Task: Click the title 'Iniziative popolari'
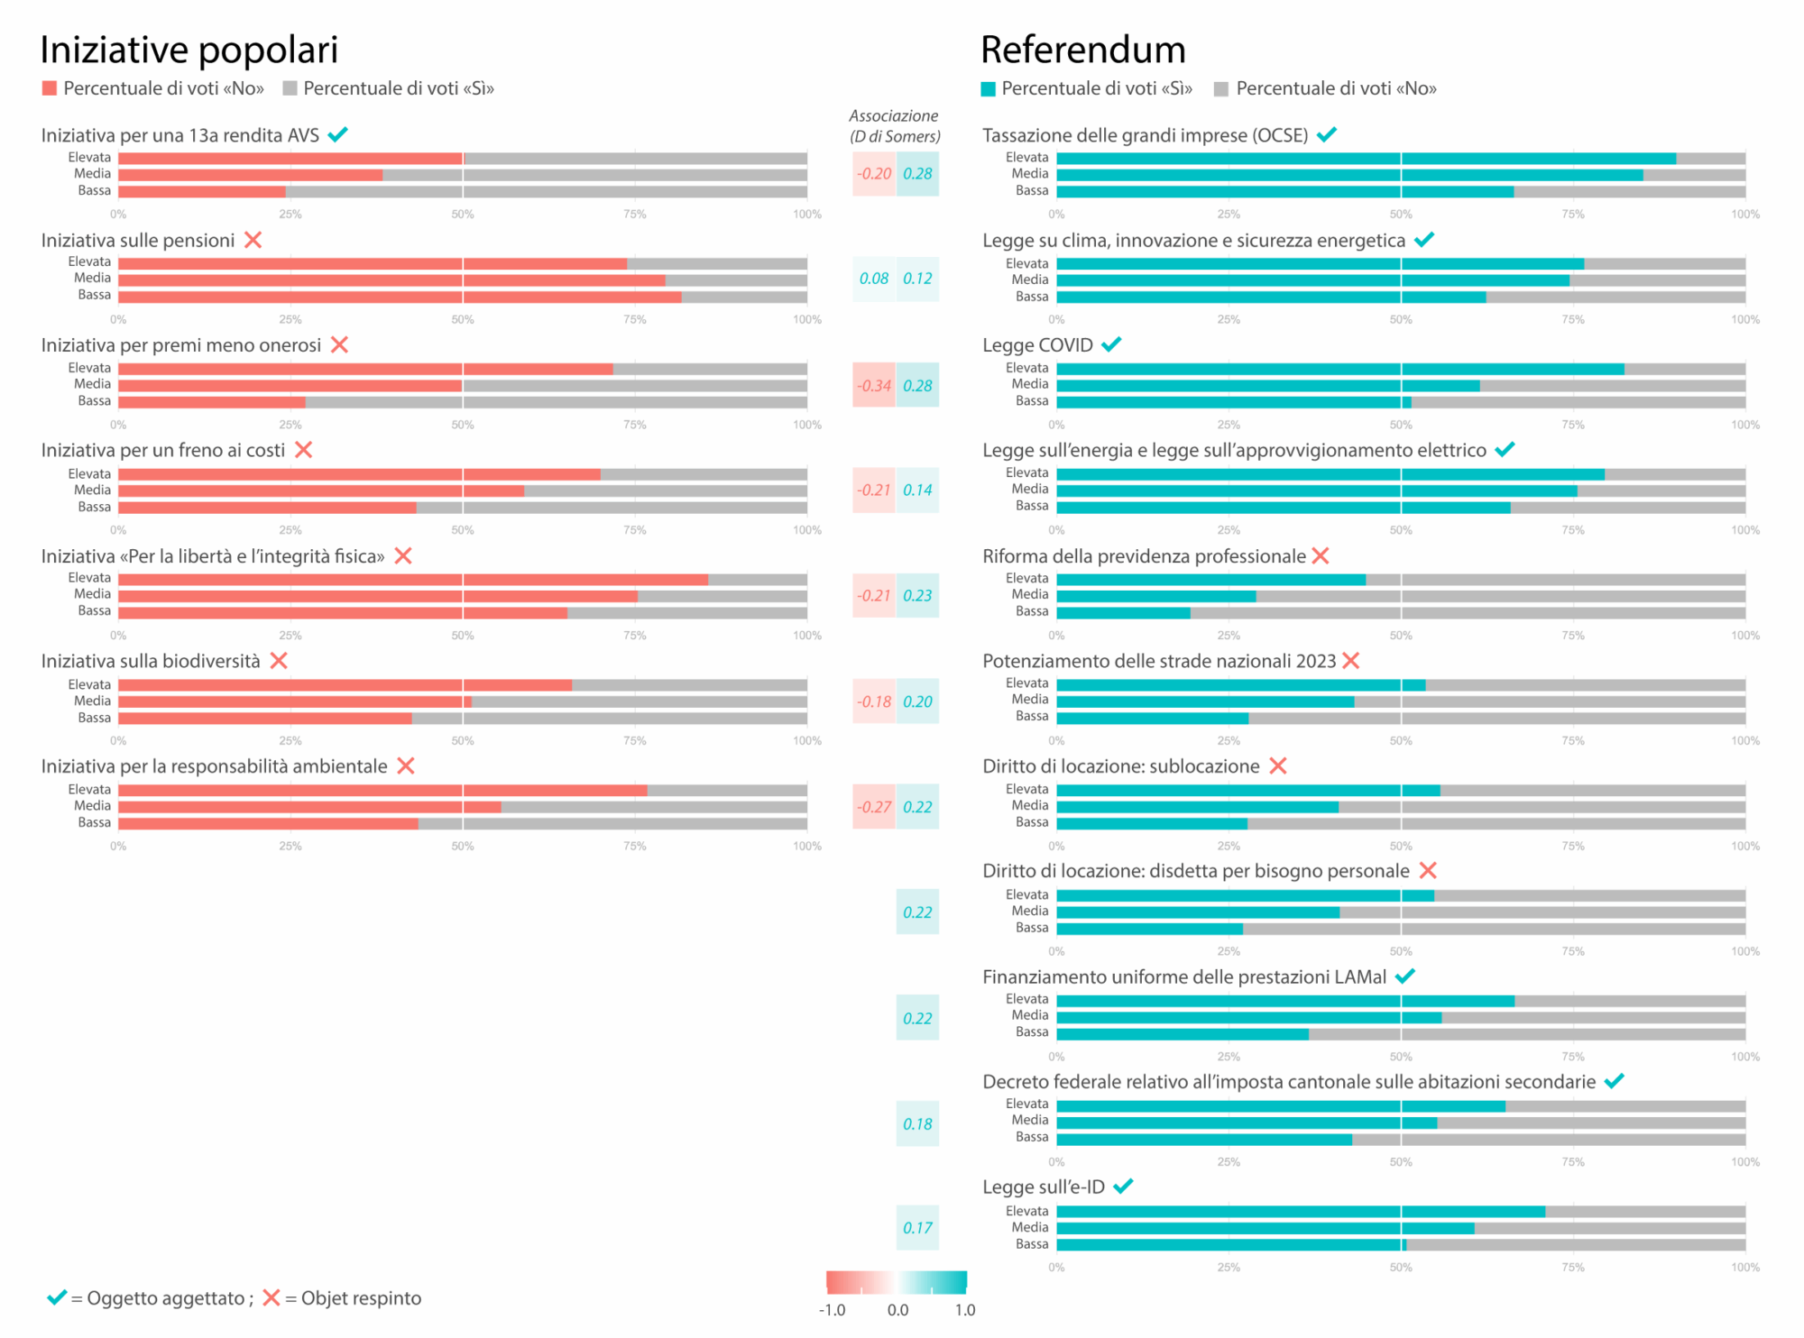pyautogui.click(x=189, y=50)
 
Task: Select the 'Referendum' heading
pyautogui.click(x=1082, y=50)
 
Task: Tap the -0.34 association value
pyautogui.click(x=873, y=386)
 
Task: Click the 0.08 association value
pyautogui.click(x=873, y=279)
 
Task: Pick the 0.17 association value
pyautogui.click(x=917, y=1228)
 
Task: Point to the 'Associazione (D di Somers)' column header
pyautogui.click(x=894, y=126)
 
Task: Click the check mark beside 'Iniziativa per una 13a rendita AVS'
pyautogui.click(x=338, y=135)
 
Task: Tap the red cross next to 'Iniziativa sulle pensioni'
pyautogui.click(x=253, y=240)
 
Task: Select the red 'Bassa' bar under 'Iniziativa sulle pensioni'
pyautogui.click(x=400, y=297)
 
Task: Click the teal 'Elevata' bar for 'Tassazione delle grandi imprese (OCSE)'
pyautogui.click(x=1366, y=159)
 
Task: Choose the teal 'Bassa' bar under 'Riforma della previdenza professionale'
pyautogui.click(x=1123, y=613)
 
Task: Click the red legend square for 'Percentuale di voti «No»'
pyautogui.click(x=50, y=88)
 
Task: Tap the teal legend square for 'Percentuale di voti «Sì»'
pyautogui.click(x=989, y=89)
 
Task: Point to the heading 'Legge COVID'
pyautogui.click(x=1037, y=345)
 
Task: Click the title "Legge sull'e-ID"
pyautogui.click(x=1044, y=1187)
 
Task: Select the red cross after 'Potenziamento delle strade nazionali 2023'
pyautogui.click(x=1350, y=661)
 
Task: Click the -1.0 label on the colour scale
pyautogui.click(x=832, y=1310)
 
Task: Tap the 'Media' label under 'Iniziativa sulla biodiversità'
pyautogui.click(x=92, y=701)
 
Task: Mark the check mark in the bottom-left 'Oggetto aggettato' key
pyautogui.click(x=57, y=1297)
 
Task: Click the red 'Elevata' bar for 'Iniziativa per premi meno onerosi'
pyautogui.click(x=365, y=369)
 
